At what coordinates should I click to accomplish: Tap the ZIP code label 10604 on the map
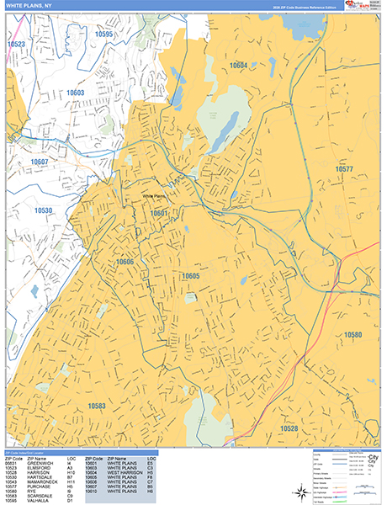pyautogui.click(x=239, y=65)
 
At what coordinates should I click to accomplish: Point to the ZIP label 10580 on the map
pyautogui.click(x=353, y=335)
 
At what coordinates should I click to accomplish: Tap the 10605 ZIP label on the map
pyautogui.click(x=190, y=276)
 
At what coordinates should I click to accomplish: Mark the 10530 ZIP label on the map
pyautogui.click(x=44, y=210)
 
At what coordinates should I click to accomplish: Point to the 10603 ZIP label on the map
pyautogui.click(x=76, y=93)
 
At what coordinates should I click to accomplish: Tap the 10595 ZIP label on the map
pyautogui.click(x=103, y=35)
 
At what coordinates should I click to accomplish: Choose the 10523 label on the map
pyautogui.click(x=16, y=44)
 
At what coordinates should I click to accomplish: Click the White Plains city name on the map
pyautogui.click(x=156, y=196)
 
